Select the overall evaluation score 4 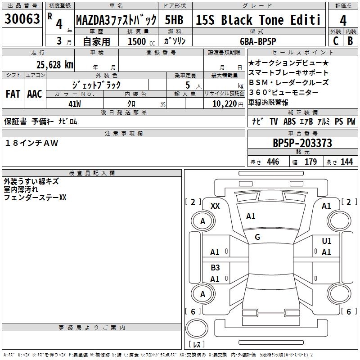[343, 21]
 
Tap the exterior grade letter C [335, 40]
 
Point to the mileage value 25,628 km [55, 64]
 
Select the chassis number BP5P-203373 [302, 143]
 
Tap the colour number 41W [75, 103]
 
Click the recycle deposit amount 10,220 [225, 103]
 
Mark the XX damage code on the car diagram [215, 206]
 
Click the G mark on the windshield [257, 237]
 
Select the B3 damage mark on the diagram [215, 268]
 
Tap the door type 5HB [174, 20]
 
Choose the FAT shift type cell [13, 94]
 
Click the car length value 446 [273, 162]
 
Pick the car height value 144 [346, 162]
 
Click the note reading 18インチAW [32, 143]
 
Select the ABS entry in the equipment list [289, 121]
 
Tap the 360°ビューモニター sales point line [283, 92]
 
